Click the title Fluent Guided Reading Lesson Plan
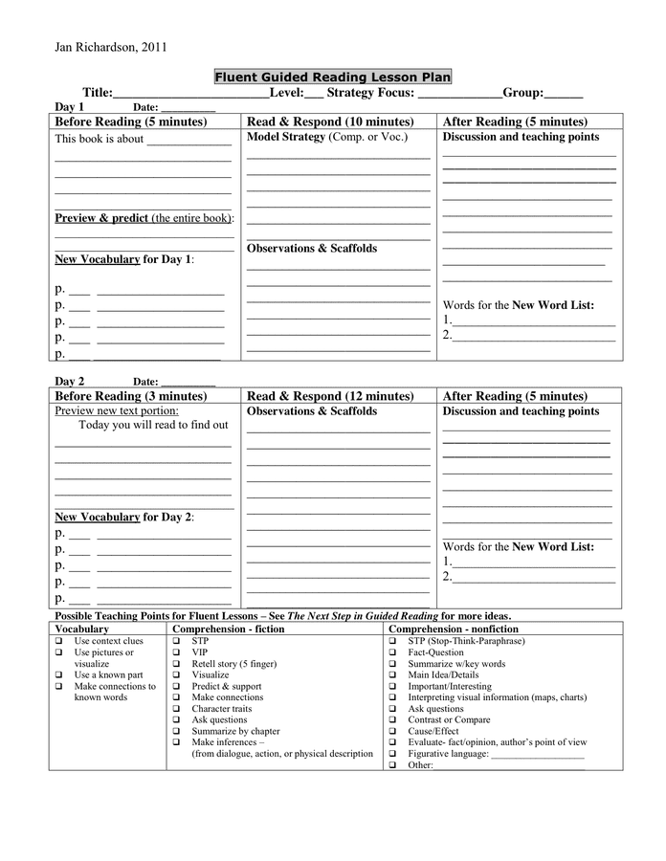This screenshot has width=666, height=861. [332, 77]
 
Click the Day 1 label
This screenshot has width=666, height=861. [70, 107]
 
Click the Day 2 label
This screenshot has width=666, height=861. [70, 381]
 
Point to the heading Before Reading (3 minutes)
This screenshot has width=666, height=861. [130, 396]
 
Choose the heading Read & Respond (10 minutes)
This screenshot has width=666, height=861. [330, 122]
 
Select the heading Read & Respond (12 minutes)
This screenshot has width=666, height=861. [330, 396]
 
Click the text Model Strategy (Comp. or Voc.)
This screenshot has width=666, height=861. [326, 138]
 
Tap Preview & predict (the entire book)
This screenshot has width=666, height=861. [144, 218]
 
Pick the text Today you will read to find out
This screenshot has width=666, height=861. [153, 425]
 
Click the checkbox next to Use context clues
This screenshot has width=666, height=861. [59, 641]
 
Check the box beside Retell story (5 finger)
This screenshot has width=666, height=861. [176, 664]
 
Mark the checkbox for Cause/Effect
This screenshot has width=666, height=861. [393, 731]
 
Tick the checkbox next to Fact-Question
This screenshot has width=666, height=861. [393, 652]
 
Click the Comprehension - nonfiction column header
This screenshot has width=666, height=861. [453, 629]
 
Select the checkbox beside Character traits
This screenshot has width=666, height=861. [176, 709]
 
